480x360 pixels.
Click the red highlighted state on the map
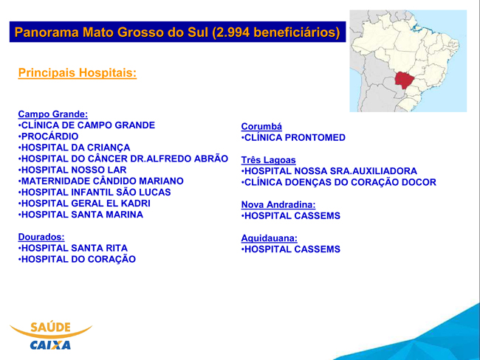coord(405,80)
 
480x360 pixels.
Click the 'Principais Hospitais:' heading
coord(77,73)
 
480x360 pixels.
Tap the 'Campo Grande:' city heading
coord(53,114)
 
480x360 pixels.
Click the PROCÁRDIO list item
coord(48,136)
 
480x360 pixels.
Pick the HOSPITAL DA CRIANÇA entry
coord(74,148)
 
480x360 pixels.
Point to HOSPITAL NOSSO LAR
coord(72,170)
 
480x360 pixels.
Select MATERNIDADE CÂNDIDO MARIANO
coord(101,181)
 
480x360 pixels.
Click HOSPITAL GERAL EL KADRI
coord(84,204)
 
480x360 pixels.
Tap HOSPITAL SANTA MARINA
coord(80,215)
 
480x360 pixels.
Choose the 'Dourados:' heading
coord(41,237)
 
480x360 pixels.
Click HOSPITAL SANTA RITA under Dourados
coord(73,248)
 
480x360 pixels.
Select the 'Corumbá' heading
coord(261,126)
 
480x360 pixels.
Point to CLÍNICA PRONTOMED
coord(293,138)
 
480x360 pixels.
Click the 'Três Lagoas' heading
coord(269,160)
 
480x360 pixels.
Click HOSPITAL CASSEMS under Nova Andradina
coord(291,215)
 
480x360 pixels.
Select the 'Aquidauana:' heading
coord(269,238)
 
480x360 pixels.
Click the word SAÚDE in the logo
coord(50,327)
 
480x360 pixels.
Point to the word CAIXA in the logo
coord(50,345)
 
